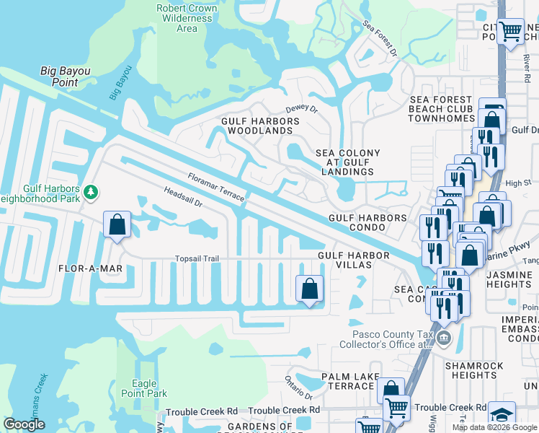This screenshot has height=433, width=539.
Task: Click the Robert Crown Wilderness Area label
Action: click(x=187, y=18)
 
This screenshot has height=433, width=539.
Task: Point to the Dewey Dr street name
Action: click(x=301, y=108)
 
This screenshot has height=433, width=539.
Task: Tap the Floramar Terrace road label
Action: click(x=216, y=187)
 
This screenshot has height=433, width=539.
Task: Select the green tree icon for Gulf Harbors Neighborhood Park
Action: click(x=91, y=192)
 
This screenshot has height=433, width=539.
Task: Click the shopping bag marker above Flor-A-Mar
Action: click(x=117, y=224)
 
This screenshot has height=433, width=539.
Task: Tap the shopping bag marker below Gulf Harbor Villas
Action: click(x=309, y=289)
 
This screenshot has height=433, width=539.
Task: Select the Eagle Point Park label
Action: click(x=149, y=388)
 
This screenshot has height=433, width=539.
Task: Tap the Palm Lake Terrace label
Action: click(x=347, y=381)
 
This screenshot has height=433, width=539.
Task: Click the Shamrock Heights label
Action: click(x=471, y=370)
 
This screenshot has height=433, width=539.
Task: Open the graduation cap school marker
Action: click(x=502, y=415)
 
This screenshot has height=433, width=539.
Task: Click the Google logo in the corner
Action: click(x=24, y=424)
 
